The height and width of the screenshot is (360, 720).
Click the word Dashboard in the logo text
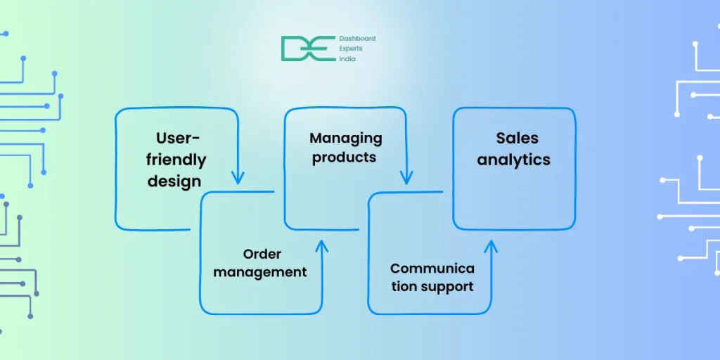[x=358, y=39]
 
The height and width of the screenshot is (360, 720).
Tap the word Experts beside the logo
[x=353, y=49]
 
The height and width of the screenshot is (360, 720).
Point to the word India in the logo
[x=348, y=59]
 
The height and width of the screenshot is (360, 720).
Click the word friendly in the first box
[x=176, y=160]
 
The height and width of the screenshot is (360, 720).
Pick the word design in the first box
[x=174, y=181]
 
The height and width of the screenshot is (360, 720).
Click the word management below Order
[x=260, y=271]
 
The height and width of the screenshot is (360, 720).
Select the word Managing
[x=346, y=138]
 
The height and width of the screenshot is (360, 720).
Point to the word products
[x=345, y=157]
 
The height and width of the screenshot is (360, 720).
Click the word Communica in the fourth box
[x=432, y=268]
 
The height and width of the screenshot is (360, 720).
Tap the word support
[x=448, y=286]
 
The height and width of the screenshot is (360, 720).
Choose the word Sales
[x=517, y=138]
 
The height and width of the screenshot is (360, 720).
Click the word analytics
[x=514, y=160]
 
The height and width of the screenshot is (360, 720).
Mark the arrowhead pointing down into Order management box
[x=238, y=177]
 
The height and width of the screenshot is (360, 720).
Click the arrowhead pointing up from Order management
[x=322, y=245]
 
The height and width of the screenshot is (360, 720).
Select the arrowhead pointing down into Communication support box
[x=406, y=177]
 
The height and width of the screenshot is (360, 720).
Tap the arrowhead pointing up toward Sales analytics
[x=491, y=245]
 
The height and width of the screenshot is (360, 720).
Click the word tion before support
[x=404, y=286]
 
